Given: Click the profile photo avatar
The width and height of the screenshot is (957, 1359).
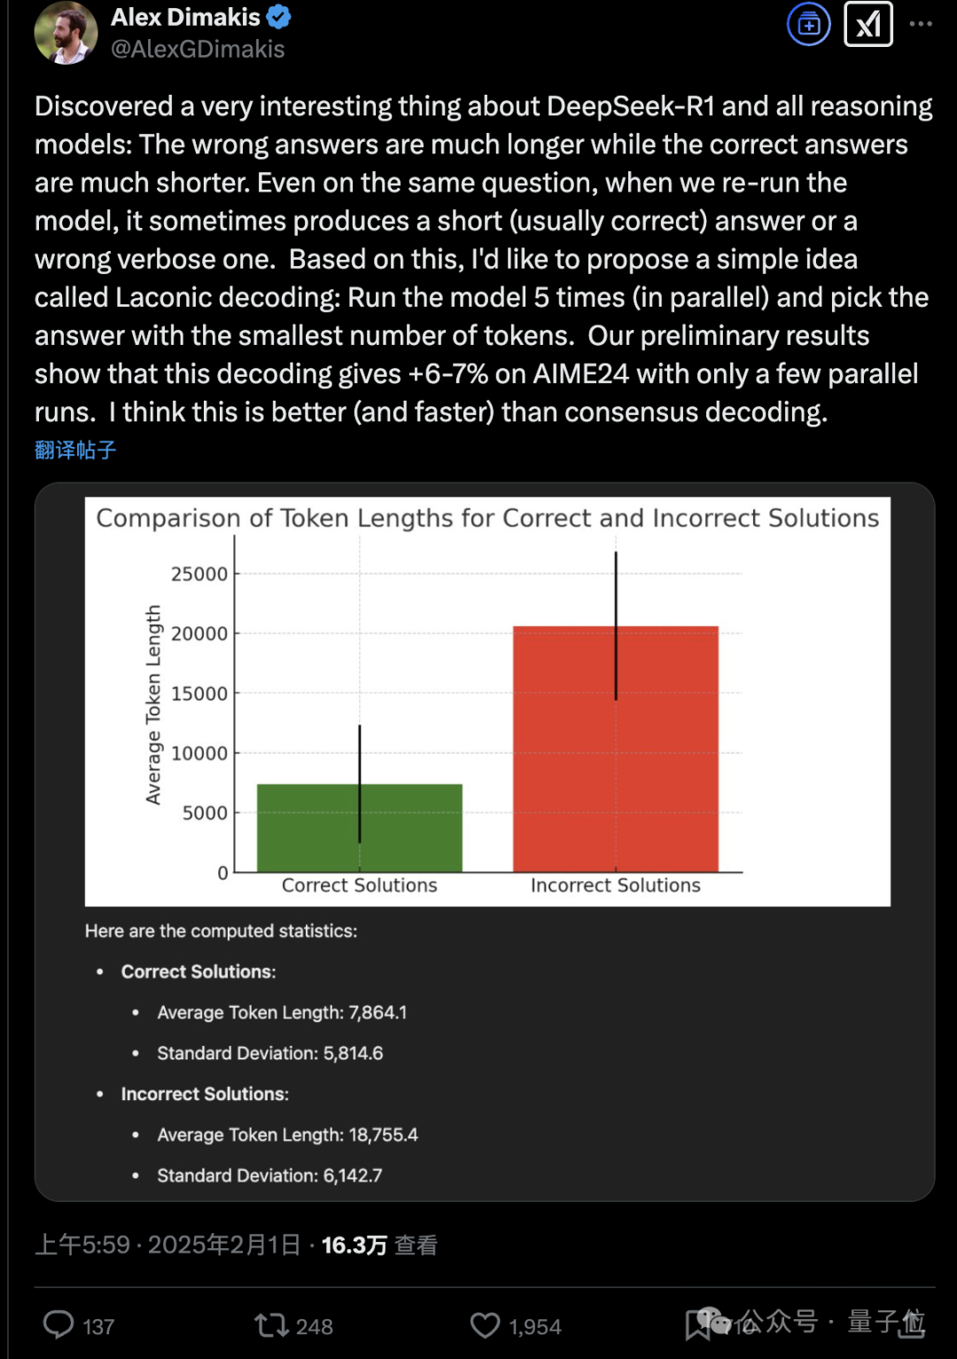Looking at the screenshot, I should click(65, 32).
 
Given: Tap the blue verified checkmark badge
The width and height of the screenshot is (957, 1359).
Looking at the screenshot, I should click(279, 17).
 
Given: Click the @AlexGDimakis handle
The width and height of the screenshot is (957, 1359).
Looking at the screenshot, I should click(198, 50).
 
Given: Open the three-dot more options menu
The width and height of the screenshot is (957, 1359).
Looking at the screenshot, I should click(921, 24).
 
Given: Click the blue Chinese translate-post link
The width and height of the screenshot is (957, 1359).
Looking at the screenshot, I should click(75, 450).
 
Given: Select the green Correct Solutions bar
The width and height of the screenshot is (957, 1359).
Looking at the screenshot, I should click(359, 828).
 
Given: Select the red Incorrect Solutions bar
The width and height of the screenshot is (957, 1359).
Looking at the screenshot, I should click(615, 749).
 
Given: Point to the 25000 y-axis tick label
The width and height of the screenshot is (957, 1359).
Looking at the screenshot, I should click(199, 574).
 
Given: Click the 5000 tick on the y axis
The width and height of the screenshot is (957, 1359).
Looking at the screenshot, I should click(205, 813).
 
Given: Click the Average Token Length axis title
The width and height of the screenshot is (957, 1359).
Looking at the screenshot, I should click(153, 705).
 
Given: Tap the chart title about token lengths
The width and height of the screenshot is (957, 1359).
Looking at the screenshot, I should click(487, 519).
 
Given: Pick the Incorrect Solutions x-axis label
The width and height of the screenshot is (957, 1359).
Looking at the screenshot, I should click(615, 886).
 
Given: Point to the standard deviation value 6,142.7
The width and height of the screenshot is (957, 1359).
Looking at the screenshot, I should click(353, 1175).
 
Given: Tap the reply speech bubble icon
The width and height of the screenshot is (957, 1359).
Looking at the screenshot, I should click(58, 1325).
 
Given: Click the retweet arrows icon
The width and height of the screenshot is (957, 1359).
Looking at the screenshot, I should click(270, 1325).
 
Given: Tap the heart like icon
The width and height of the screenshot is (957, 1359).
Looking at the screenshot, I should click(485, 1325).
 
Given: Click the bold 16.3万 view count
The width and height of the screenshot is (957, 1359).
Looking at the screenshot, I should click(354, 1246).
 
